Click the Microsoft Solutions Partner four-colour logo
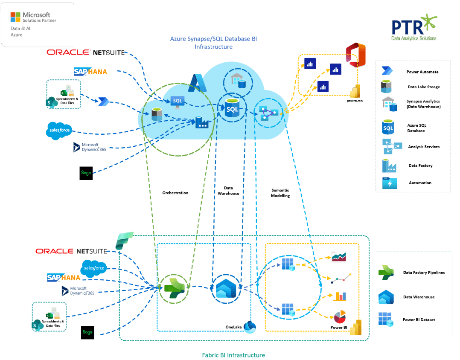pos(15,17)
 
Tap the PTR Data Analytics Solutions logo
pos(414,28)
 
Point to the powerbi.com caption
pos(355,101)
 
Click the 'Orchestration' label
pos(175,193)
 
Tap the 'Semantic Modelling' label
pos(280,193)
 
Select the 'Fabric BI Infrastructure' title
pos(233,355)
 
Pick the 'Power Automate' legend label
pos(422,72)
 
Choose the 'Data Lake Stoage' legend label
pos(423,87)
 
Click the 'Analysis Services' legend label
pos(424,147)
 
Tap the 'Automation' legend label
pos(420,183)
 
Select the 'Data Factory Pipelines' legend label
pos(424,273)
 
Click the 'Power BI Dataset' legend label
pos(419,319)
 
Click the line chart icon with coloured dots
pos(341,278)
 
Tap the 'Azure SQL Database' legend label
pos(416,128)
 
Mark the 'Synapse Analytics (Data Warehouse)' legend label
pos(423,104)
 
